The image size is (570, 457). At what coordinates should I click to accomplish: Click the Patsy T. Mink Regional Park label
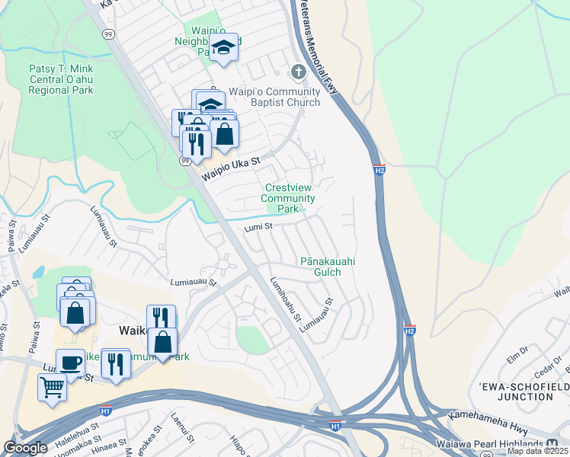(x=61, y=79)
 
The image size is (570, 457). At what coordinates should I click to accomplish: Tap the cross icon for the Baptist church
(x=298, y=72)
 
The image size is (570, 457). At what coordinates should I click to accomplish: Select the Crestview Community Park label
(x=288, y=198)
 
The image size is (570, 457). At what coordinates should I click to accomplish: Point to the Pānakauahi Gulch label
(x=328, y=267)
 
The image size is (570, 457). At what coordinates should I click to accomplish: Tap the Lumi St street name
(x=258, y=226)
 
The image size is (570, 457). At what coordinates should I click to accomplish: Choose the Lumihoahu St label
(x=286, y=299)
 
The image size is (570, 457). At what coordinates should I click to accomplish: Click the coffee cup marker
(x=70, y=363)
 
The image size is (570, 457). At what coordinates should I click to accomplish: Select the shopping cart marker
(x=52, y=386)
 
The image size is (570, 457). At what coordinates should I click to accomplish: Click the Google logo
(x=25, y=448)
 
